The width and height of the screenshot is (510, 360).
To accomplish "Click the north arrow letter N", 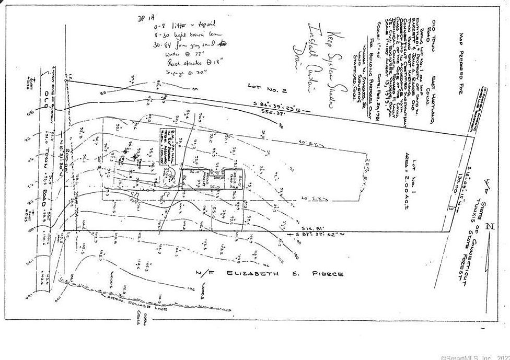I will tap(489, 227).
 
